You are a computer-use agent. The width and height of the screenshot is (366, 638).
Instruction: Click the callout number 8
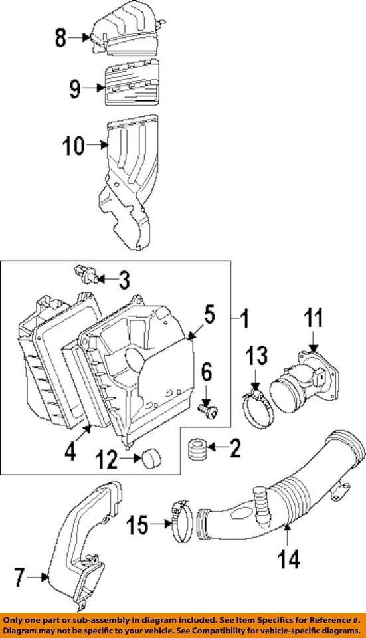coord(61,39)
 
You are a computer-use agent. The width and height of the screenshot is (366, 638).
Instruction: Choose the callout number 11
coord(314,319)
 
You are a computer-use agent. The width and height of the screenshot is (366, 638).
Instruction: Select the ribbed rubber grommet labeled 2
coord(196,450)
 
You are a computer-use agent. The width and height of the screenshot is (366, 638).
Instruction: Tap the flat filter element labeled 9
coord(131,86)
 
